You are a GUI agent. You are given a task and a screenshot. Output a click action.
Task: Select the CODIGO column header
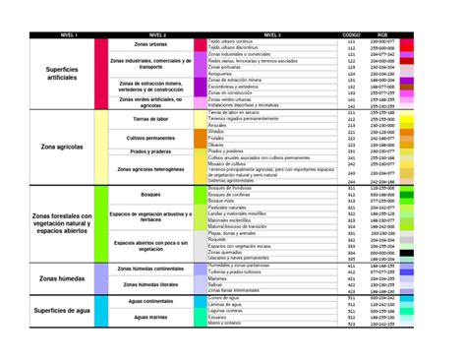pyautogui.click(x=351, y=33)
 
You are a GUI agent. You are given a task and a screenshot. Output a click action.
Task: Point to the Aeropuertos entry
pyautogui.click(x=221, y=73)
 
